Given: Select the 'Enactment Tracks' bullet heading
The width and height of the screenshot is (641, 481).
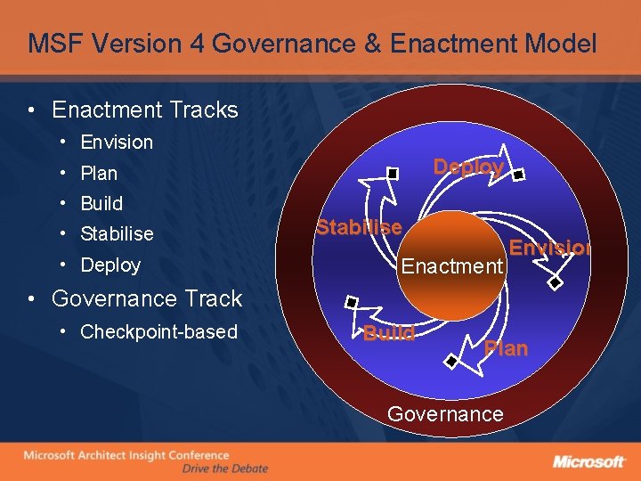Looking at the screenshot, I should pos(144,110).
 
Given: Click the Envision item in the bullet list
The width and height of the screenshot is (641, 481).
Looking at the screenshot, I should pos(116,143).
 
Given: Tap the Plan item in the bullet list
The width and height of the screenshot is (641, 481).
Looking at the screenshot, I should pos(98,173).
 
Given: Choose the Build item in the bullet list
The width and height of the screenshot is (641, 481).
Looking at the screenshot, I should pos(101,203).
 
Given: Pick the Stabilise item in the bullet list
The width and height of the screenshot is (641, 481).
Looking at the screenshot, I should pos(116,234).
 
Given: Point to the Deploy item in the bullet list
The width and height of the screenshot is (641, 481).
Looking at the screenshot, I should pos(110,265).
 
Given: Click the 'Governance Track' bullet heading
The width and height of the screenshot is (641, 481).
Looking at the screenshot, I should pos(147,298).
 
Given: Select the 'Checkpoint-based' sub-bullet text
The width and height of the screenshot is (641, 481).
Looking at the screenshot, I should pos(158,332).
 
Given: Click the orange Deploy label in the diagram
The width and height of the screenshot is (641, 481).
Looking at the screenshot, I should pos(468,167).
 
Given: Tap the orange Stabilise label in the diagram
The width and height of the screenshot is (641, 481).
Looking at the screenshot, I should pos(359,227).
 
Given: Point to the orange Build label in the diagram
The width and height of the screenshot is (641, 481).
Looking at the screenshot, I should pos(389,333).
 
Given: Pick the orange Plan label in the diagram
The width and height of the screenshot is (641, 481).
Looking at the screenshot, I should pos(506,348).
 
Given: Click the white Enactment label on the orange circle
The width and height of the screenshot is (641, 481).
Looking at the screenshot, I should pos(452,265).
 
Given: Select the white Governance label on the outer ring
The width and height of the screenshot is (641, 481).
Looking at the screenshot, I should pos(445,414).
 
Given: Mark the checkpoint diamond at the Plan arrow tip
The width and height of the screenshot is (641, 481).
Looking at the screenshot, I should pos(452,362).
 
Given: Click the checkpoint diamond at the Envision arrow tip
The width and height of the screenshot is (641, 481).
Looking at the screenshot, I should pos(555,283).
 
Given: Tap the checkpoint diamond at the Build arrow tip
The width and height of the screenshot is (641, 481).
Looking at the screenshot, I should pos(353,302).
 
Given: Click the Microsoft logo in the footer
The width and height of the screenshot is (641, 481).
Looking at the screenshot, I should pos(588,461).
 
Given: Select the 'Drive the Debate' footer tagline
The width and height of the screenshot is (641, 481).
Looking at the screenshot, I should pos(224,469).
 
